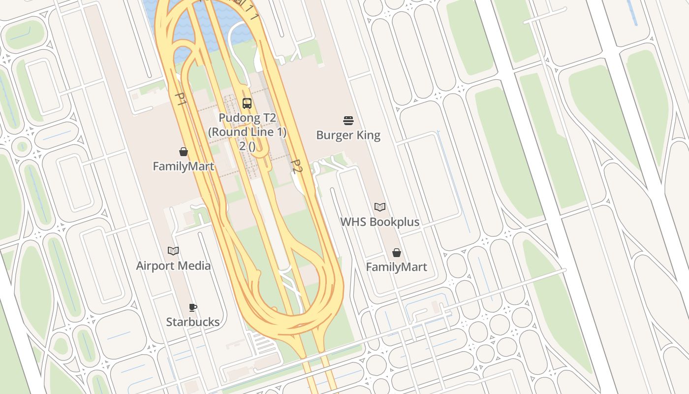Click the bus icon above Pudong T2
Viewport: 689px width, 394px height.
(x=247, y=103)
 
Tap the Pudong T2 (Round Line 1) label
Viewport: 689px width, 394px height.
(x=247, y=125)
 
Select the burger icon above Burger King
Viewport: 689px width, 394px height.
(x=348, y=121)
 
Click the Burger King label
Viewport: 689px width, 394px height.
(x=348, y=135)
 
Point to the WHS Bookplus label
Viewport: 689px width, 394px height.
(x=380, y=222)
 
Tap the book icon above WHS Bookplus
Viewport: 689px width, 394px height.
(x=380, y=207)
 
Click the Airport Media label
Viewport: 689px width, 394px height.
(x=173, y=266)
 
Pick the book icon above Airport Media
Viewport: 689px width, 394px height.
(x=173, y=251)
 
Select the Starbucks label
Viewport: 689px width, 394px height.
(x=193, y=322)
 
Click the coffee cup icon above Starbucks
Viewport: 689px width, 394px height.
(x=193, y=308)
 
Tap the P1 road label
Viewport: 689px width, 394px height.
(x=181, y=99)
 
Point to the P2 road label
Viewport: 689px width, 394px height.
(x=296, y=166)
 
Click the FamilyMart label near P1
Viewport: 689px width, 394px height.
(x=184, y=166)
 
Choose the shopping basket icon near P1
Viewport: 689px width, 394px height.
(x=184, y=152)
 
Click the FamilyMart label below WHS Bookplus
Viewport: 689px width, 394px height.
(x=397, y=267)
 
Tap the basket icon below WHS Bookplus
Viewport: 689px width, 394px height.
(x=397, y=253)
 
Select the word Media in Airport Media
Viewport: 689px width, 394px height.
(x=193, y=266)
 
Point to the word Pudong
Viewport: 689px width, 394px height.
(x=238, y=118)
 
